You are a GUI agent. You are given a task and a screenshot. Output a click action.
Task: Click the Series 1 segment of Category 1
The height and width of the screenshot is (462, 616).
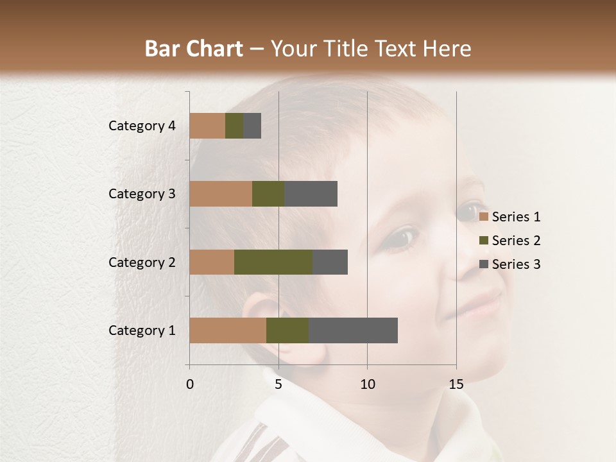point(228,330)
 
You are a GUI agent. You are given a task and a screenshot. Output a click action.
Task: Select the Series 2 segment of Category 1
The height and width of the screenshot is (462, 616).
point(287,330)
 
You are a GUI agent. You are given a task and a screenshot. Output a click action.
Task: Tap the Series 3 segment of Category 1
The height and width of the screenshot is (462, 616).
point(353,330)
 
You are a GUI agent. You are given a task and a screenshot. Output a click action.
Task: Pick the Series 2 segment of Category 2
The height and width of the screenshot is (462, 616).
point(273,262)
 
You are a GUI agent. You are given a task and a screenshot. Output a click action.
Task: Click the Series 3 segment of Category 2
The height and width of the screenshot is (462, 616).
point(330,262)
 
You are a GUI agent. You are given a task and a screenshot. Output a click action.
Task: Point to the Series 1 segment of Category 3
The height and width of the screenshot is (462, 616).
point(221,194)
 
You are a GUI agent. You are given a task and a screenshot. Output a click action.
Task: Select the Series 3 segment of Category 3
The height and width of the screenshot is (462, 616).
point(311,194)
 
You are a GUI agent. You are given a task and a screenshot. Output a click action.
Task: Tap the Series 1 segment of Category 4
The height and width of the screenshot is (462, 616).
point(207,126)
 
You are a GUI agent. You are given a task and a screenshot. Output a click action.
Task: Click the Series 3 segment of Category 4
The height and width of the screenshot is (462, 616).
point(252,126)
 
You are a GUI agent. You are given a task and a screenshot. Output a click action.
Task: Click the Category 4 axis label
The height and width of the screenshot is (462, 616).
point(142,126)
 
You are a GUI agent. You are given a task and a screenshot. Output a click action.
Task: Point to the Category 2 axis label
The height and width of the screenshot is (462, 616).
point(142,262)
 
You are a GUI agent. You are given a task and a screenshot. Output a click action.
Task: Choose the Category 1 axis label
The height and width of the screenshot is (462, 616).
point(142,330)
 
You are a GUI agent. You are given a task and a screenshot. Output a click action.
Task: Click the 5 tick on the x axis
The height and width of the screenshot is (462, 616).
point(278,384)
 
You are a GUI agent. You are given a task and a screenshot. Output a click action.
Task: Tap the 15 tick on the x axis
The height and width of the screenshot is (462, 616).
point(456,384)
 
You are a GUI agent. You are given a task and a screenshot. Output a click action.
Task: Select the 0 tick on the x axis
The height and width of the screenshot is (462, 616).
point(190,384)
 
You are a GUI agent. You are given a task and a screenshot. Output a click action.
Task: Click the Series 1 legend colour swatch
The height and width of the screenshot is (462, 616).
point(484,217)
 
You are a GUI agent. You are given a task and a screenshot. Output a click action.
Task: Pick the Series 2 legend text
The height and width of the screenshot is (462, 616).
point(516,241)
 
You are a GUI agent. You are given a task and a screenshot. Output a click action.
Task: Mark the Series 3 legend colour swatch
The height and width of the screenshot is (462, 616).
point(484,264)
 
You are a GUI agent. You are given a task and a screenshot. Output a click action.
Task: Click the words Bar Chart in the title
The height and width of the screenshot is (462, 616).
point(193,49)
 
